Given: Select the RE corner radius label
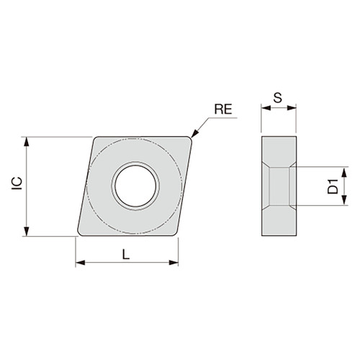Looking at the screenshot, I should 224,110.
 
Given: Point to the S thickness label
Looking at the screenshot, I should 278,99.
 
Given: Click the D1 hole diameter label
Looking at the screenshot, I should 333,187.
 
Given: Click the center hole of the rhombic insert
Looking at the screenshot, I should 135,186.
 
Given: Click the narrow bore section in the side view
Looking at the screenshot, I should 279,187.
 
